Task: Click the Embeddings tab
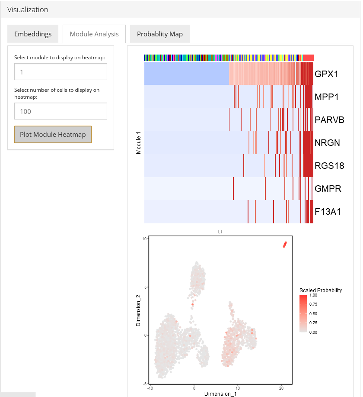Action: point(33,34)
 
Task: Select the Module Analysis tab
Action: point(94,34)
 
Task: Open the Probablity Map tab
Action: point(160,34)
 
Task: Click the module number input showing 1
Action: point(60,72)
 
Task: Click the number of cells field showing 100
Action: point(60,111)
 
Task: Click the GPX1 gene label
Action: point(326,74)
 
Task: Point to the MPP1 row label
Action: point(326,97)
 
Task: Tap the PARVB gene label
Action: point(329,120)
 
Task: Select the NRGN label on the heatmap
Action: point(327,143)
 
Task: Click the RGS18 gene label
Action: point(329,166)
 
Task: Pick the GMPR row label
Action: point(328,189)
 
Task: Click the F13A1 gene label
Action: point(328,212)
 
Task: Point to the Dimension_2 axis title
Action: point(138,310)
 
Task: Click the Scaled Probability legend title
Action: point(320,290)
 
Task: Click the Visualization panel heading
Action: point(28,10)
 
